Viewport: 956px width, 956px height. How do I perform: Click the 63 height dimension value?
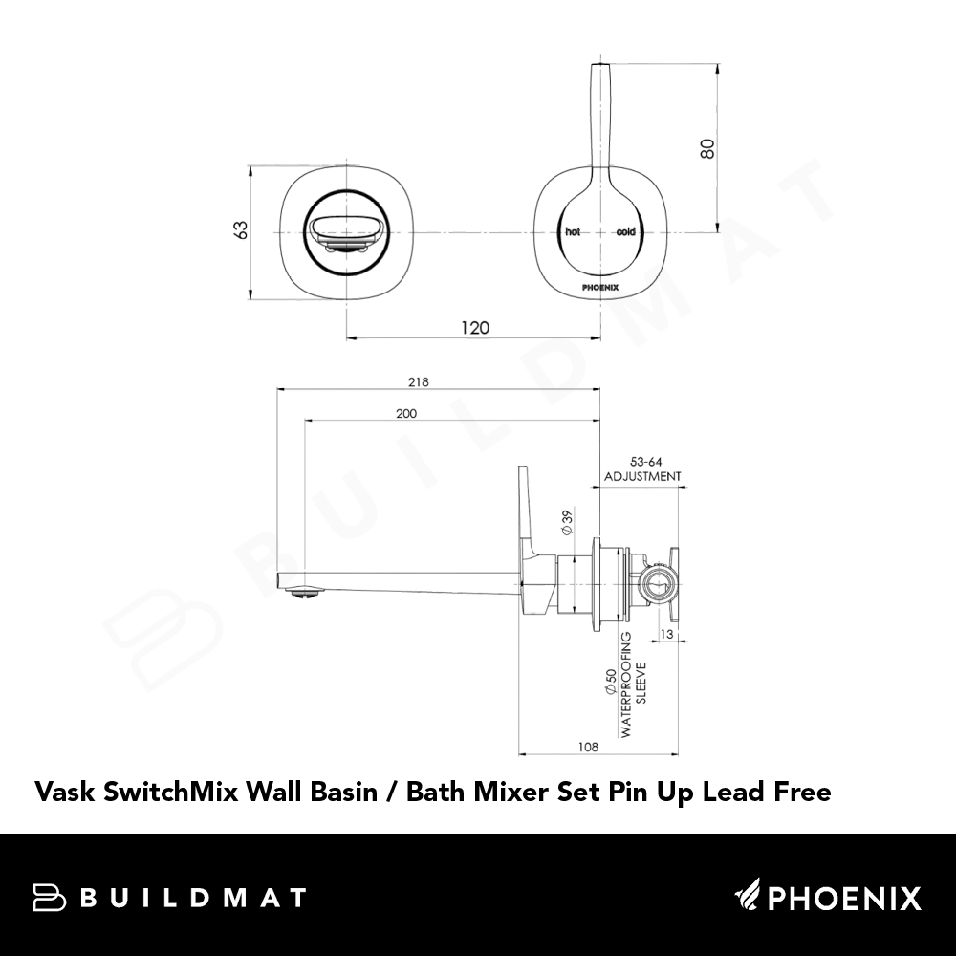click(x=242, y=229)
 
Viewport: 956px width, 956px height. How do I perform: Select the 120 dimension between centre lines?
click(x=475, y=328)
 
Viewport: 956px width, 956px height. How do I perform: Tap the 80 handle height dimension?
click(x=707, y=149)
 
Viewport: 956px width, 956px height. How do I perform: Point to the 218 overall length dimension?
click(x=419, y=382)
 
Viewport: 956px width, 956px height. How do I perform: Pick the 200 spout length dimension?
click(x=406, y=413)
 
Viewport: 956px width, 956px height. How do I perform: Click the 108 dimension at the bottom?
click(x=588, y=747)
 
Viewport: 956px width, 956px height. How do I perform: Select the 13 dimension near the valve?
click(x=666, y=634)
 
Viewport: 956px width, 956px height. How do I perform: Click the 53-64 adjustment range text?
click(x=645, y=462)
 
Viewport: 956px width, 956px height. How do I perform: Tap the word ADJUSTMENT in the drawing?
click(x=642, y=476)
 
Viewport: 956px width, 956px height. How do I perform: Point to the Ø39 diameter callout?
click(x=567, y=523)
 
